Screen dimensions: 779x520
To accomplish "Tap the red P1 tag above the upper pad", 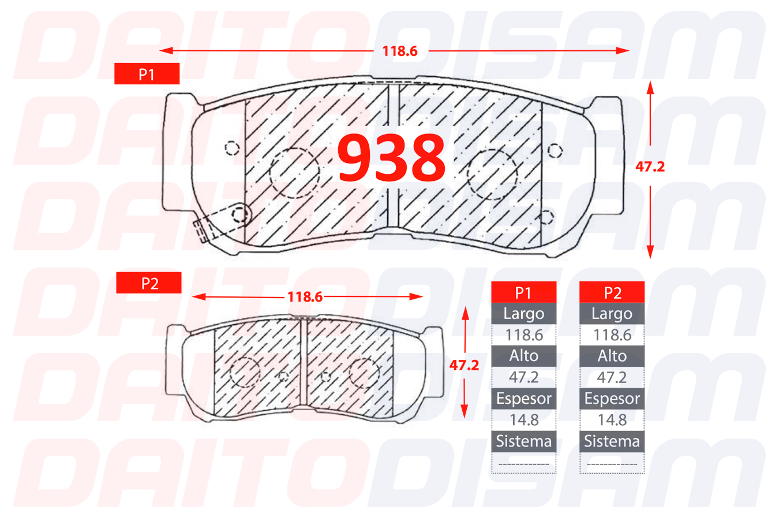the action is coord(147,74).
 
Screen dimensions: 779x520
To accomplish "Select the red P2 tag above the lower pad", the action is coord(149,283).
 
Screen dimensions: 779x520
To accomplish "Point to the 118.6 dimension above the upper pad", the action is coord(399,51).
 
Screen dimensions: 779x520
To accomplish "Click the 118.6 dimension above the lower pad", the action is coord(305,297).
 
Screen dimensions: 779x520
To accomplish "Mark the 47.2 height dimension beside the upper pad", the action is coord(650,167).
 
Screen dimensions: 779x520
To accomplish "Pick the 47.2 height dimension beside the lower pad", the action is coord(464,365).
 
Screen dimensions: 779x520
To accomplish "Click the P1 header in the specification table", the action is coord(524,292).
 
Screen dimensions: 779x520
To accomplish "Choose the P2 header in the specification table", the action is coord(612,292).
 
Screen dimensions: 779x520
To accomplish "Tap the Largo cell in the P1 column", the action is coord(524,314).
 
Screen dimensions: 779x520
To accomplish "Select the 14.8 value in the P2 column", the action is coord(612,419).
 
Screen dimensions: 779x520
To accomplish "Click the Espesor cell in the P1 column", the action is coord(524,399).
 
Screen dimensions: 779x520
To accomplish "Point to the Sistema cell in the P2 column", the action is coord(612,441).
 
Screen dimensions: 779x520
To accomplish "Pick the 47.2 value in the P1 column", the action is coord(524,377).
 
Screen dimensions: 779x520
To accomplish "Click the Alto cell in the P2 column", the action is coord(612,356).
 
